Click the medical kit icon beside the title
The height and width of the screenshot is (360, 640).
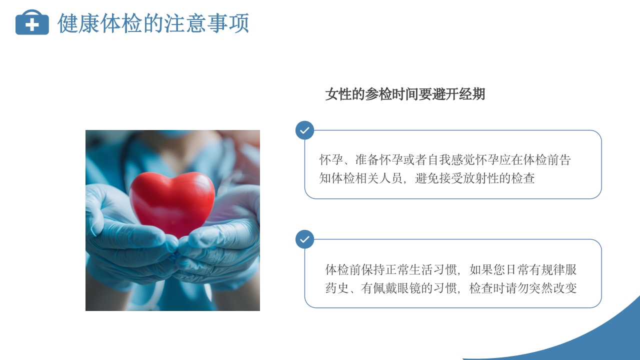pos(32,22)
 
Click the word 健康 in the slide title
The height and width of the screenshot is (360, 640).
pos(78,23)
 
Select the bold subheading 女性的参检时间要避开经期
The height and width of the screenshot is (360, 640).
pos(405,94)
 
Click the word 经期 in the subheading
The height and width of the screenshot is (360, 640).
pos(472,94)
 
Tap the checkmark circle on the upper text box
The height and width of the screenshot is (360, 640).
pos(304,130)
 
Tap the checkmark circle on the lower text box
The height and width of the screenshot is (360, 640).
pos(304,239)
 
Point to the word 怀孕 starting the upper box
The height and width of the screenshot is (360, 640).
pos(331,160)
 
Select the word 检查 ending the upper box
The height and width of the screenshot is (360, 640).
pos(523,178)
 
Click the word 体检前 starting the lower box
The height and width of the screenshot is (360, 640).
pos(343,270)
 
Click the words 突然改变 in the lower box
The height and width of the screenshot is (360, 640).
pos(553,288)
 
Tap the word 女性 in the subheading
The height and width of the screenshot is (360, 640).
pos(337,94)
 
